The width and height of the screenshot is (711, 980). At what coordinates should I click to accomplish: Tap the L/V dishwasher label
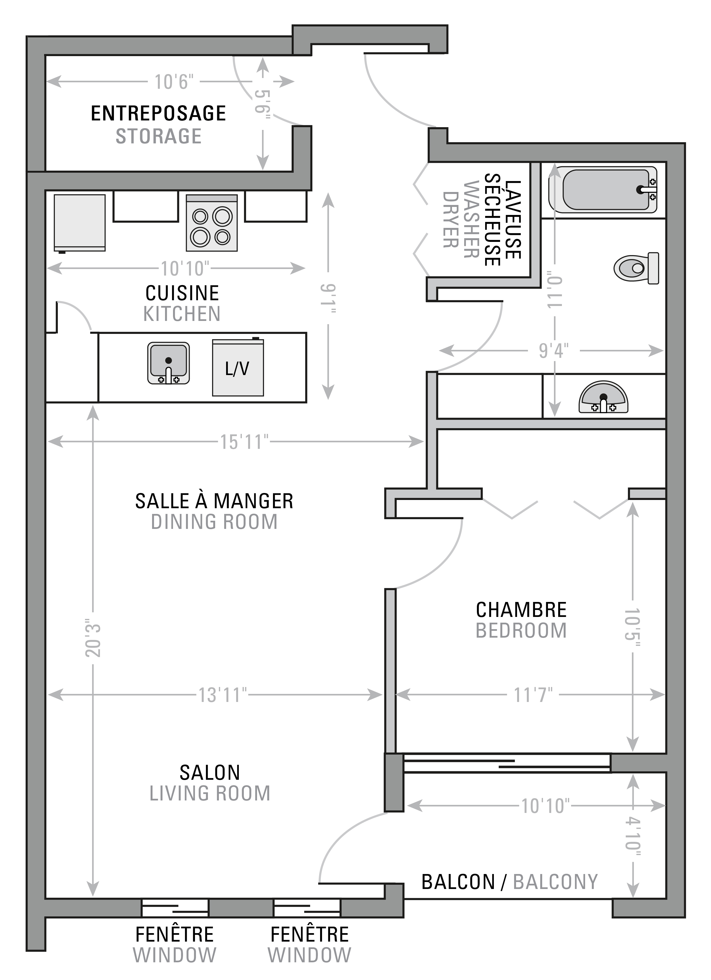coord(237,369)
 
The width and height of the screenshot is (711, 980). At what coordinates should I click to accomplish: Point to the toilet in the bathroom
coord(636,268)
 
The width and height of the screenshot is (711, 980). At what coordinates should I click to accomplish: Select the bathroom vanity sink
coord(604,397)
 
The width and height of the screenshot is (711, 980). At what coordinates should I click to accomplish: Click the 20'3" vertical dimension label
coord(93,640)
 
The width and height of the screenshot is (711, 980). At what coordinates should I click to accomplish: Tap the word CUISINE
coord(182,294)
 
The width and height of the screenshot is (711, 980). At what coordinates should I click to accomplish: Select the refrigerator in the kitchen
coord(80,223)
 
